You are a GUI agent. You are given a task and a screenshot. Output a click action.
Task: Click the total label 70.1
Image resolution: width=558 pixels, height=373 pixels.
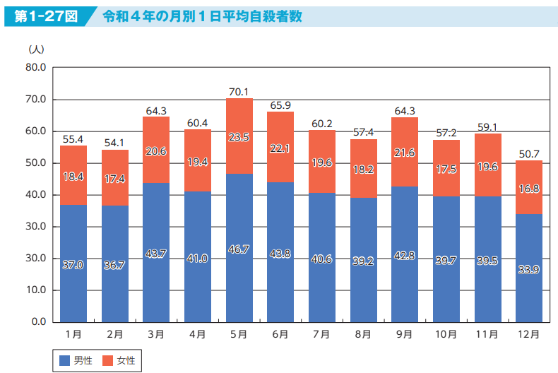[x=239, y=92]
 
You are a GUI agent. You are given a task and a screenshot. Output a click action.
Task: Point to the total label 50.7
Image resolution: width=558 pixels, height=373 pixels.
[x=529, y=154]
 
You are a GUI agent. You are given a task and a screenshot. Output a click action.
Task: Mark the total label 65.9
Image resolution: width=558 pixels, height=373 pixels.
[x=280, y=105]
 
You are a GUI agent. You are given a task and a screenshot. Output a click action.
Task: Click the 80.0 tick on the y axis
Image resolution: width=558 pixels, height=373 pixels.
[x=35, y=68]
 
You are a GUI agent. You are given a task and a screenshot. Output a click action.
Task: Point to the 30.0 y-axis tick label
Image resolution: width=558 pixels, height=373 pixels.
[x=35, y=227]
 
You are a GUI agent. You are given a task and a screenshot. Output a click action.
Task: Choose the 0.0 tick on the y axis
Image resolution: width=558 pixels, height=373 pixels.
[x=37, y=322]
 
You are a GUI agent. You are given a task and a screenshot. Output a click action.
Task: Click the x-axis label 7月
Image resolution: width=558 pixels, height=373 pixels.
[x=321, y=334]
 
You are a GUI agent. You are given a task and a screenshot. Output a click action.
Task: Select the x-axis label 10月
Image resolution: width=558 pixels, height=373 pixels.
[x=446, y=334]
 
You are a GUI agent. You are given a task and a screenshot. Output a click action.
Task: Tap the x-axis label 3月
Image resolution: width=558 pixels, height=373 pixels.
[x=155, y=334]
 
